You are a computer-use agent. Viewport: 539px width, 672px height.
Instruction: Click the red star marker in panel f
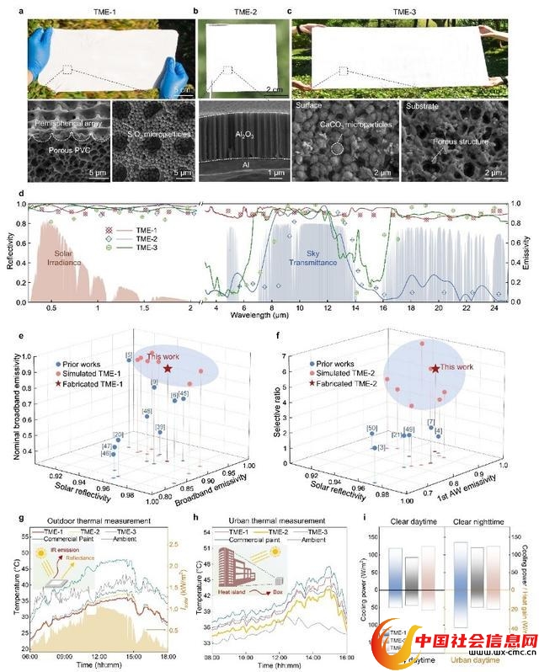435,368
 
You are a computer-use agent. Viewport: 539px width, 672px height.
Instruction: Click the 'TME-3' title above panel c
403,9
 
